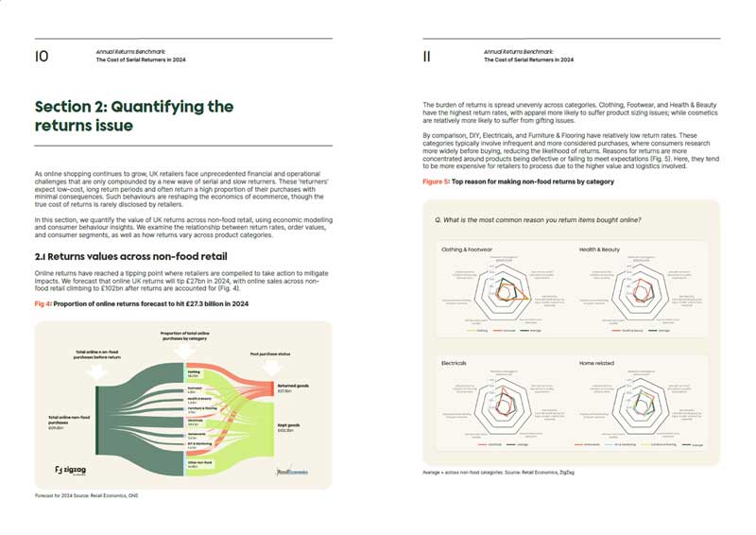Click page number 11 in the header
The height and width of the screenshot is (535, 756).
(427, 57)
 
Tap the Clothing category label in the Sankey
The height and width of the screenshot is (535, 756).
(194, 373)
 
